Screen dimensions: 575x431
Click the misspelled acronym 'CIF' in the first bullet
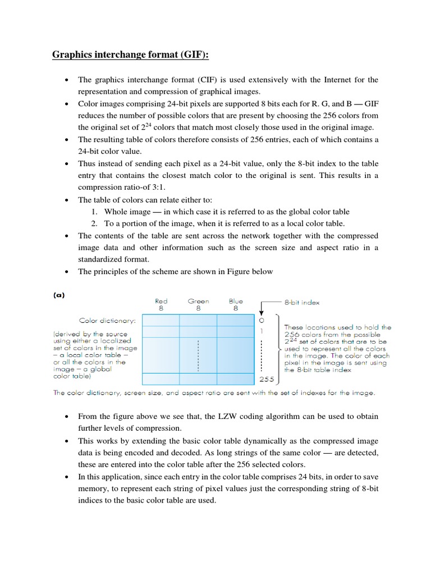coord(209,80)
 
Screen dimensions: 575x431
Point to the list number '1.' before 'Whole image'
coord(94,212)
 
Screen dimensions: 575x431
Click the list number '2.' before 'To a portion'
coord(94,223)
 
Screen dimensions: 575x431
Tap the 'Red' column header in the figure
coord(161,301)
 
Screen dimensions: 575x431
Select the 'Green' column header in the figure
coord(198,301)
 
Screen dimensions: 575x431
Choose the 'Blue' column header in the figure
coord(235,301)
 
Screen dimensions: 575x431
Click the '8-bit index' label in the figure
coord(302,302)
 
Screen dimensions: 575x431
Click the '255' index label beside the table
coord(266,380)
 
